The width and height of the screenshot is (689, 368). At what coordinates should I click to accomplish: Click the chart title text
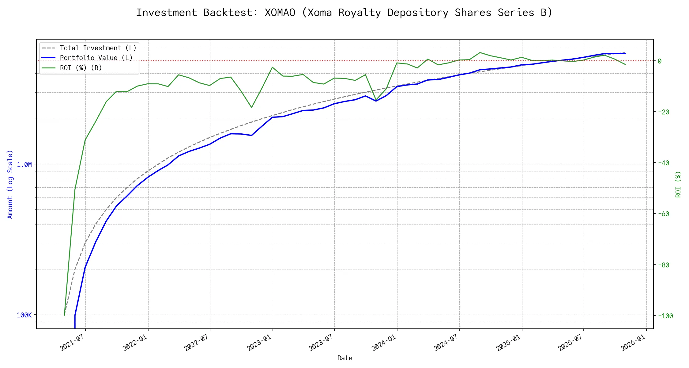[x=344, y=13]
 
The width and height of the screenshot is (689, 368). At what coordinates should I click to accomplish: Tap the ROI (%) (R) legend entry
[x=81, y=68]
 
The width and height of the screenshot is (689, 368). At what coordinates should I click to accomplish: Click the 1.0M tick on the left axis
[x=24, y=165]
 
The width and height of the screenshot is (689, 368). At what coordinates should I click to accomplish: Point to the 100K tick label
[x=24, y=315]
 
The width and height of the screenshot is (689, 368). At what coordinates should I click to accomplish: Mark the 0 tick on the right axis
[x=660, y=61]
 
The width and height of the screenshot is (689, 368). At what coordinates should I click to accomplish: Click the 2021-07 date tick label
[x=72, y=343]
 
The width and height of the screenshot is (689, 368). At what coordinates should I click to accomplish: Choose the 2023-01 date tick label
[x=260, y=343]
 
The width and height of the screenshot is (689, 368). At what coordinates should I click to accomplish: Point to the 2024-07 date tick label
[x=446, y=343]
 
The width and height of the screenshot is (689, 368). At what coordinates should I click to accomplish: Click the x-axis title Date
[x=345, y=358]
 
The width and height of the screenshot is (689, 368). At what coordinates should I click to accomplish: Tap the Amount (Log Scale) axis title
[x=10, y=184]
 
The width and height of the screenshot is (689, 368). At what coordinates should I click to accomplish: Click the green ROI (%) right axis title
[x=678, y=184]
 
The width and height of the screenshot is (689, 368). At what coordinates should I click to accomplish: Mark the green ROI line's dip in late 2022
[x=251, y=107]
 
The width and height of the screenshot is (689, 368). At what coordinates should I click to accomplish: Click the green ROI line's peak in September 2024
[x=480, y=52]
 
